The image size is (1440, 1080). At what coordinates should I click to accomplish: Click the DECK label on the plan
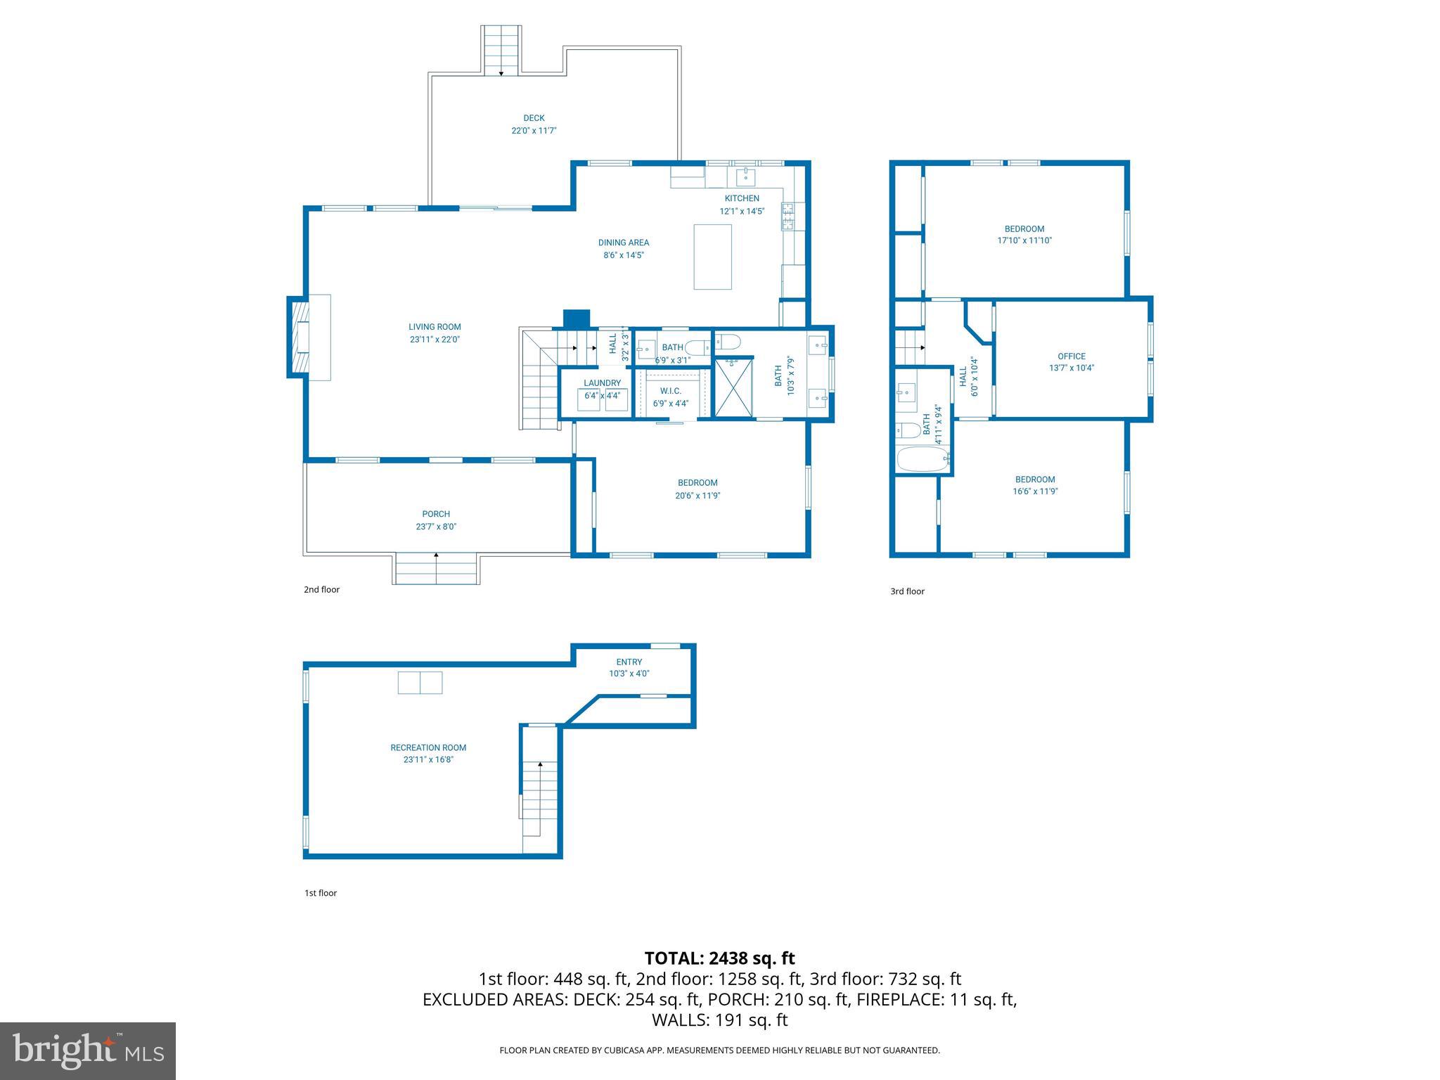tap(534, 118)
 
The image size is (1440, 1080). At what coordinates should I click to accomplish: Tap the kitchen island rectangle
tap(712, 257)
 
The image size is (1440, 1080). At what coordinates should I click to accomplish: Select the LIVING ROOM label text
tap(435, 326)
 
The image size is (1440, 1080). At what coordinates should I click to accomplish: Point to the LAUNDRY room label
tap(602, 383)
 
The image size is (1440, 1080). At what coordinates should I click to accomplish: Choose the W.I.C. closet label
tap(670, 391)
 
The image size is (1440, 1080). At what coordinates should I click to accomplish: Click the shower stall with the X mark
tap(733, 387)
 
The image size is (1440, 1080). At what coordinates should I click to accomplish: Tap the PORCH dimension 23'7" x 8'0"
tap(436, 527)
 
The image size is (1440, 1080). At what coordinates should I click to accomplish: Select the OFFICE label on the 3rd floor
tap(1072, 356)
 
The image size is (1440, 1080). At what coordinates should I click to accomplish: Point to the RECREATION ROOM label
tap(428, 747)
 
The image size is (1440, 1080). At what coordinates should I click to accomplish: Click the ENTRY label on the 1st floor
tap(629, 662)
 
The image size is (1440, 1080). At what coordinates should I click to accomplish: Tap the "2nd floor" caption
tap(321, 589)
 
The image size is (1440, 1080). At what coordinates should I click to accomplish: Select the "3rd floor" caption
tap(907, 591)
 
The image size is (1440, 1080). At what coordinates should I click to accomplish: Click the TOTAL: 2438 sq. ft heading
tap(719, 958)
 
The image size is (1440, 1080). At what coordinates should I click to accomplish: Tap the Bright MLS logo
tap(88, 1051)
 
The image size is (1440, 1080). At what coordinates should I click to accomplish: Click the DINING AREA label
tap(623, 243)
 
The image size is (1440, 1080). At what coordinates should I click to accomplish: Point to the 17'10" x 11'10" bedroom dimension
tap(1024, 240)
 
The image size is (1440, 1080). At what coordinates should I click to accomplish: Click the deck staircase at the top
tap(501, 49)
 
